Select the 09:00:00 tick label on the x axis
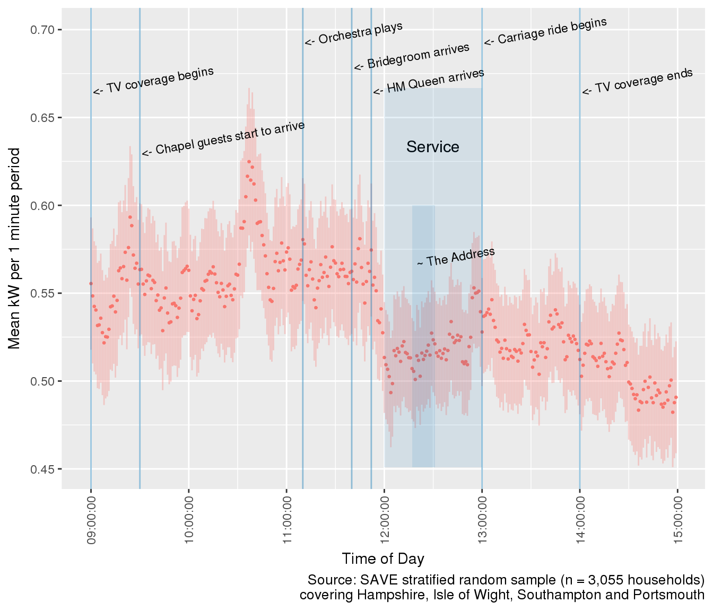coord(91,520)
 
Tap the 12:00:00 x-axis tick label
coord(385,520)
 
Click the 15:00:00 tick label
coord(677,520)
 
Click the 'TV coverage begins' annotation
coord(154,81)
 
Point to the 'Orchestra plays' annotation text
coord(354,33)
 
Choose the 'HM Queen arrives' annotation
coord(429,82)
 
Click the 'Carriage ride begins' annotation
coord(545,31)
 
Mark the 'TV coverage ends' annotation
coord(638,82)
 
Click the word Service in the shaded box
coord(433,147)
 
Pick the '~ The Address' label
coord(456,257)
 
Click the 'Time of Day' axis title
coord(383,558)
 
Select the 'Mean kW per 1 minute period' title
coord(14,248)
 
